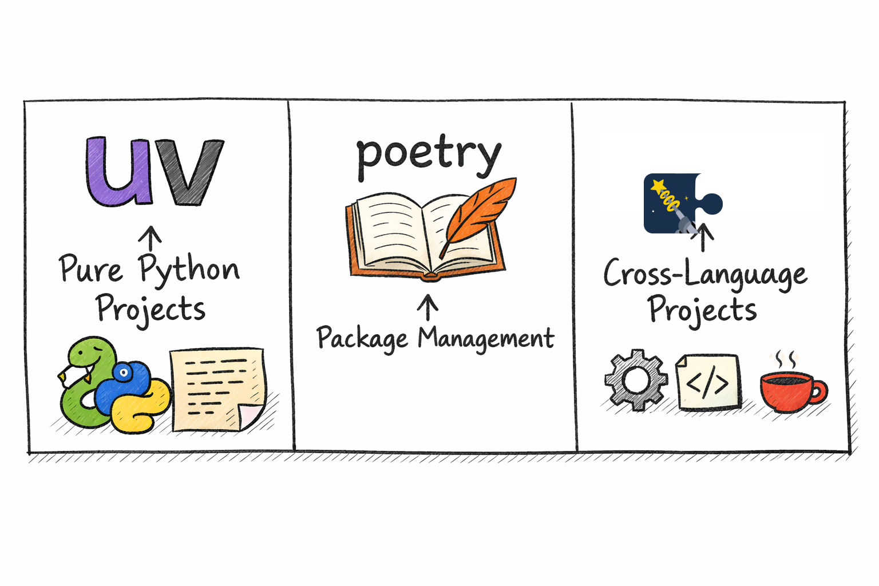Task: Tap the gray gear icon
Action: (x=636, y=380)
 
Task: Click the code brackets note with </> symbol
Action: (x=708, y=382)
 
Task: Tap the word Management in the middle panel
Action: (x=486, y=338)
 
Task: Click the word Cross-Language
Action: (x=705, y=274)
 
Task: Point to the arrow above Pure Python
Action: (x=150, y=238)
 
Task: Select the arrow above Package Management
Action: (x=427, y=307)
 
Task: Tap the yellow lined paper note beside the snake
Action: (x=218, y=389)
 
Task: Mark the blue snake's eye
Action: (x=124, y=372)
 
